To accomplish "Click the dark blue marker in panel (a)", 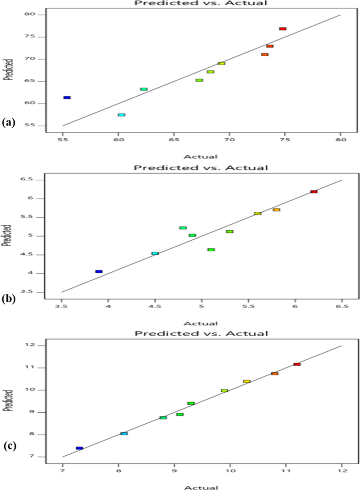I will pyautogui.click(x=67, y=97).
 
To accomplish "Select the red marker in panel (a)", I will pyautogui.click(x=283, y=28).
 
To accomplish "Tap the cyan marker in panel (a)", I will pyautogui.click(x=121, y=115).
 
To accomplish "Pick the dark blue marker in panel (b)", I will pyautogui.click(x=99, y=271).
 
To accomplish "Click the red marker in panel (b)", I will pyautogui.click(x=314, y=191).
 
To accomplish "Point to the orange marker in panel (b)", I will pyautogui.click(x=276, y=209).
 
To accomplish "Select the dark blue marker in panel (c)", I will pyautogui.click(x=79, y=448).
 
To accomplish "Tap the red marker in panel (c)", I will pyautogui.click(x=297, y=364).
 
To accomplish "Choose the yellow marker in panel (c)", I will pyautogui.click(x=246, y=381).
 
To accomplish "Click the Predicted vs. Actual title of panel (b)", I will pyautogui.click(x=201, y=168).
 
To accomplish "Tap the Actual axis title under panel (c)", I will pyautogui.click(x=202, y=487).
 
